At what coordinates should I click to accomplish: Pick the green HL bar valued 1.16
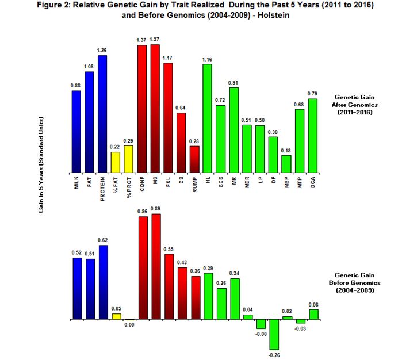[208, 118]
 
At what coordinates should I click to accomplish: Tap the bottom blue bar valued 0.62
[102, 282]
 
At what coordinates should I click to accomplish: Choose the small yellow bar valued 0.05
[116, 316]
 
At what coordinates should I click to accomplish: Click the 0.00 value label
[129, 325]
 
